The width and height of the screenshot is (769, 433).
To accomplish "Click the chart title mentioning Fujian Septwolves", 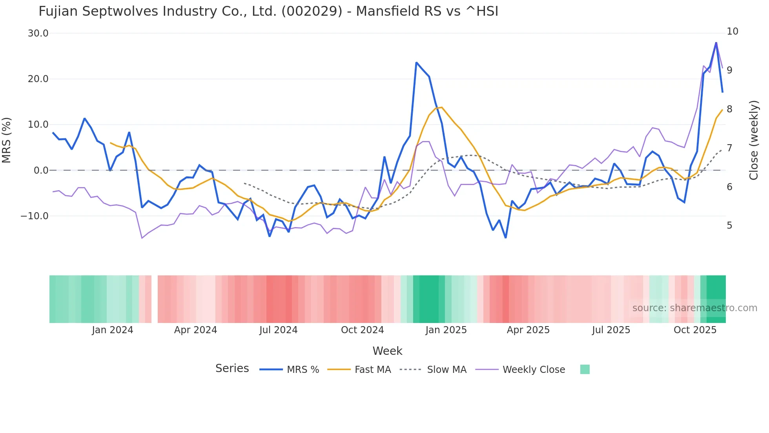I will [268, 11].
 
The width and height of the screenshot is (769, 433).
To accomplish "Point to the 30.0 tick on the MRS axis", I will [38, 33].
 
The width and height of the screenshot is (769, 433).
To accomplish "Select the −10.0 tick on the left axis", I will [35, 216].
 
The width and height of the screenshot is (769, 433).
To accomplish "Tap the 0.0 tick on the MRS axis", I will [41, 171].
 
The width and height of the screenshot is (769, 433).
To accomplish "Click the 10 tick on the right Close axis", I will [732, 31].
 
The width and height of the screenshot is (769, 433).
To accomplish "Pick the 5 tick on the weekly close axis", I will [729, 226].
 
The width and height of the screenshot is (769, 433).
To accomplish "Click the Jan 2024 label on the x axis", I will [112, 330].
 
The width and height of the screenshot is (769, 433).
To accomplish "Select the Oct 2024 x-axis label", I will [362, 330].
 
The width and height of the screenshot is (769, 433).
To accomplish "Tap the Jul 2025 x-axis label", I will [611, 330].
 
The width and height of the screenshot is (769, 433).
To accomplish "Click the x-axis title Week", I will [387, 351].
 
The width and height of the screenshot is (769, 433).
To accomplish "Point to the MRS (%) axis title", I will [7, 140].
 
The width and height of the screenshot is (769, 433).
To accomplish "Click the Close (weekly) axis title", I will [753, 140].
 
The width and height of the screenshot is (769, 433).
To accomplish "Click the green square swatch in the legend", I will [585, 369].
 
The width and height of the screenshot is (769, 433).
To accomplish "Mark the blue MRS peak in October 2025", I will [716, 42].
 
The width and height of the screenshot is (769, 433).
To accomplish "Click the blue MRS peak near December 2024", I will [416, 62].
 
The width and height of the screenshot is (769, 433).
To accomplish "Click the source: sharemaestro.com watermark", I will [694, 308].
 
